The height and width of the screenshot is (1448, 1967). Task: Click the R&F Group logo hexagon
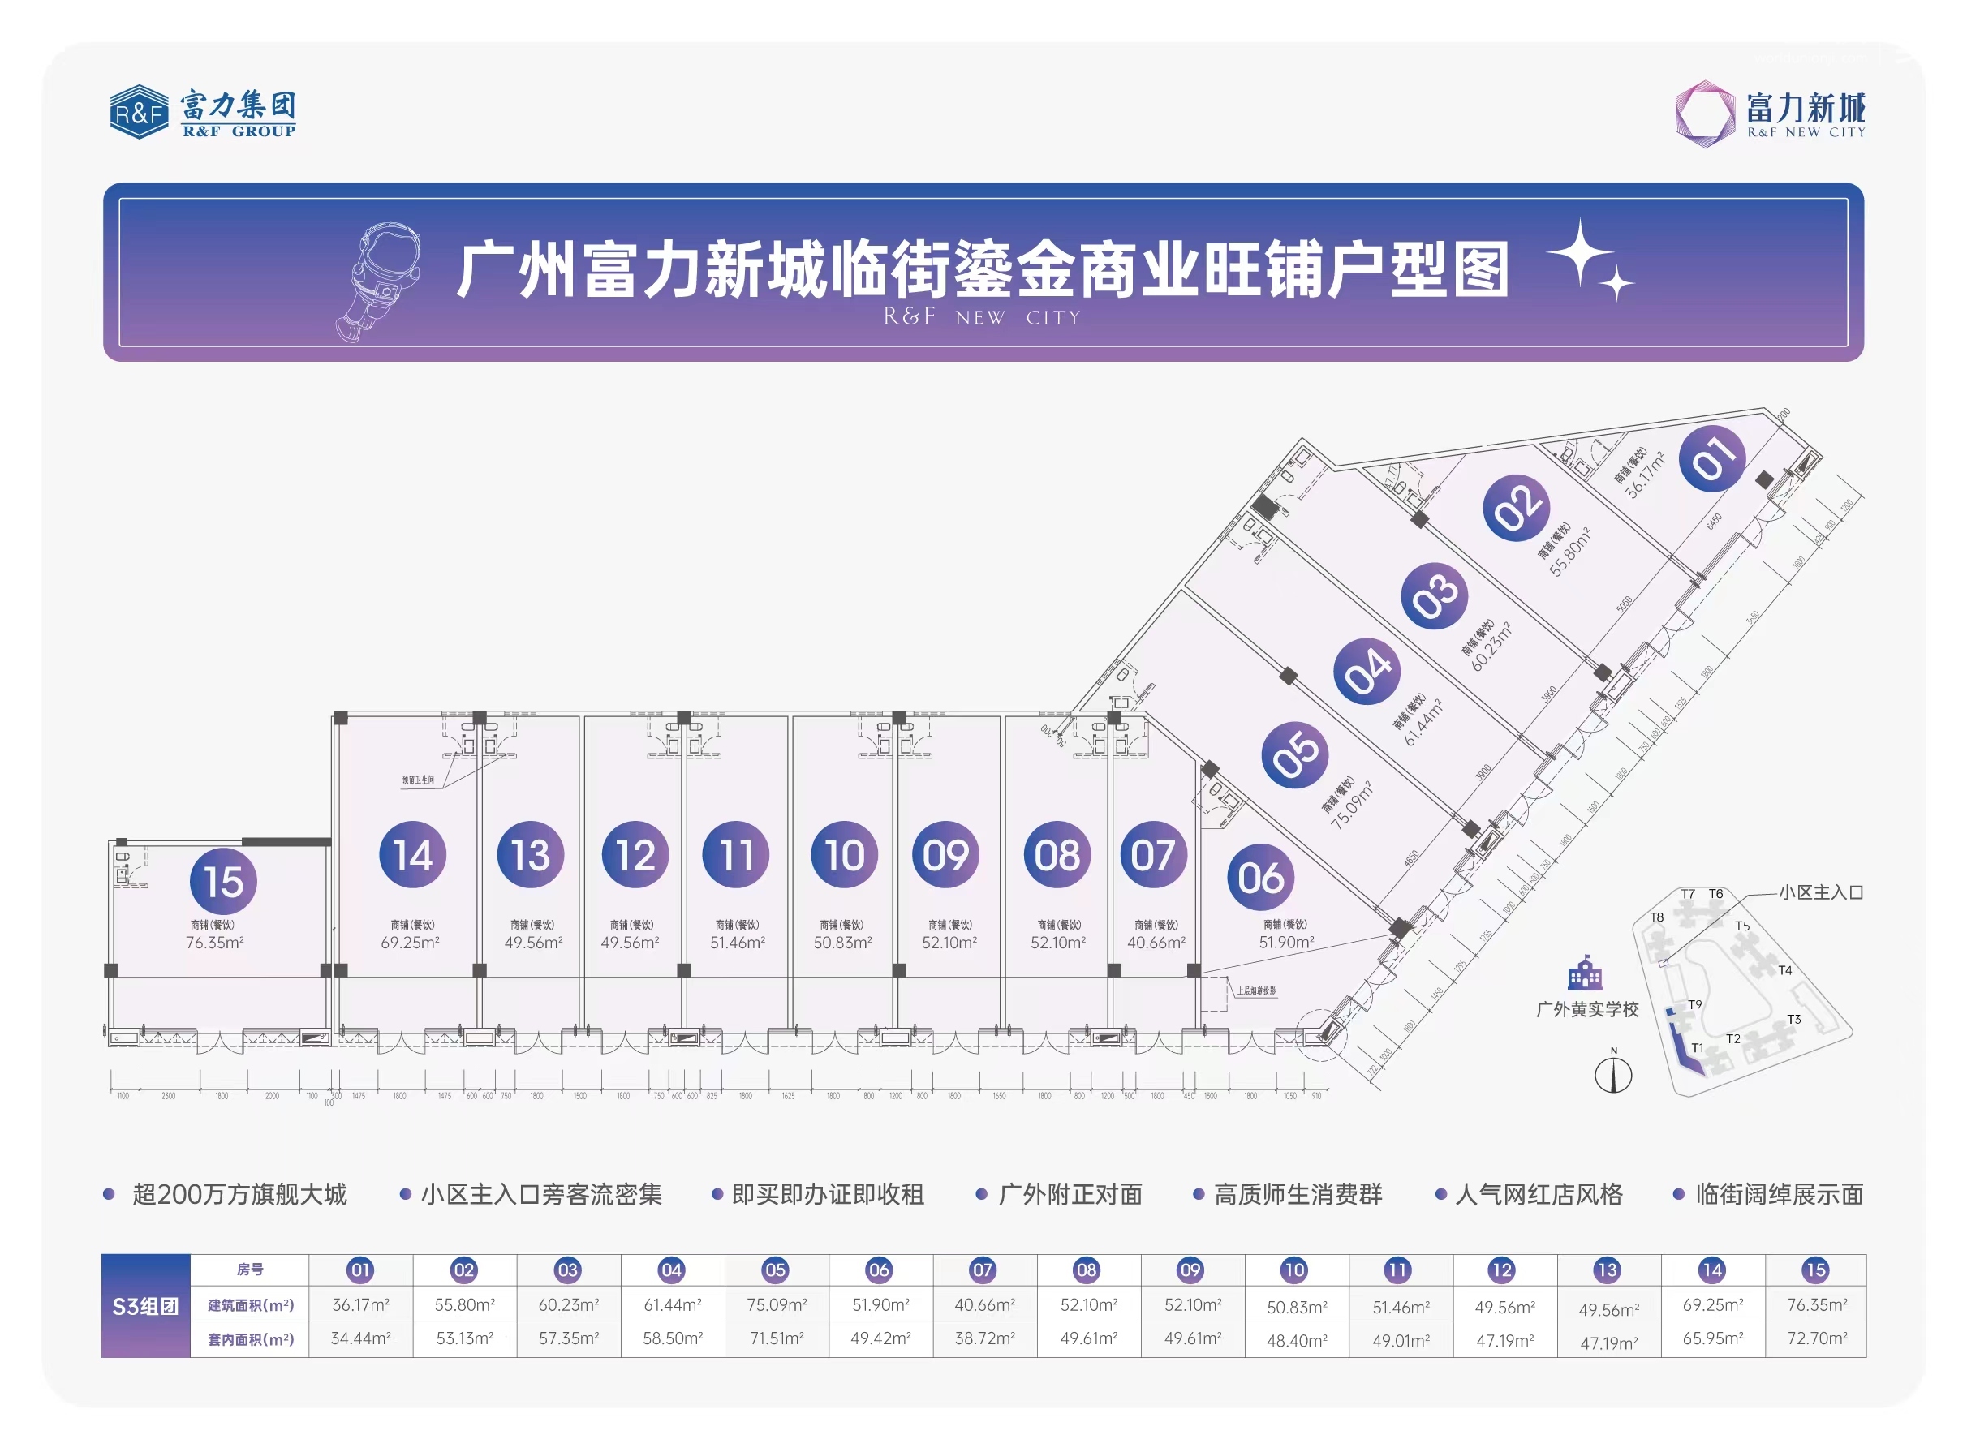[139, 111]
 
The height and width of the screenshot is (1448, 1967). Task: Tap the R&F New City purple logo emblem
[1703, 113]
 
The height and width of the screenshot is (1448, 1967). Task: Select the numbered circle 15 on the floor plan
[222, 880]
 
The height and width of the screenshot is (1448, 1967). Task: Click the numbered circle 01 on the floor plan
[1711, 458]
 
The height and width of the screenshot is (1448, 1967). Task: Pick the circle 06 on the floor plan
[1259, 877]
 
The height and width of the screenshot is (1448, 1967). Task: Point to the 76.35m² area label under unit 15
[215, 943]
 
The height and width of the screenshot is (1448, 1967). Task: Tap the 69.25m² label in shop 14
[411, 943]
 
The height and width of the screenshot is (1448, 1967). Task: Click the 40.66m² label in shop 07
[1156, 943]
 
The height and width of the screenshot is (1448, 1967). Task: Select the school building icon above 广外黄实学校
[1584, 973]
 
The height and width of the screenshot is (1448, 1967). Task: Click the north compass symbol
[1613, 1074]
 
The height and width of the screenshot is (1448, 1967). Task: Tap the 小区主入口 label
[1820, 892]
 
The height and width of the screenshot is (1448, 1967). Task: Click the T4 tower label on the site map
[1784, 970]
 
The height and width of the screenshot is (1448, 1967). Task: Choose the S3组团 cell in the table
[145, 1306]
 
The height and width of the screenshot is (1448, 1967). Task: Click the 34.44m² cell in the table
[360, 1338]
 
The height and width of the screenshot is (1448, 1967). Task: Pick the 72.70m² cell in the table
[1816, 1338]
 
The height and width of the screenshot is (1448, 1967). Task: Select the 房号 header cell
[250, 1270]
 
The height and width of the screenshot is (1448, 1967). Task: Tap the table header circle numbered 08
[1086, 1270]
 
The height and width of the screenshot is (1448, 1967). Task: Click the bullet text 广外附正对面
[1070, 1194]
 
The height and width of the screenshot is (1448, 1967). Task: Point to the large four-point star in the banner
[1580, 252]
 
